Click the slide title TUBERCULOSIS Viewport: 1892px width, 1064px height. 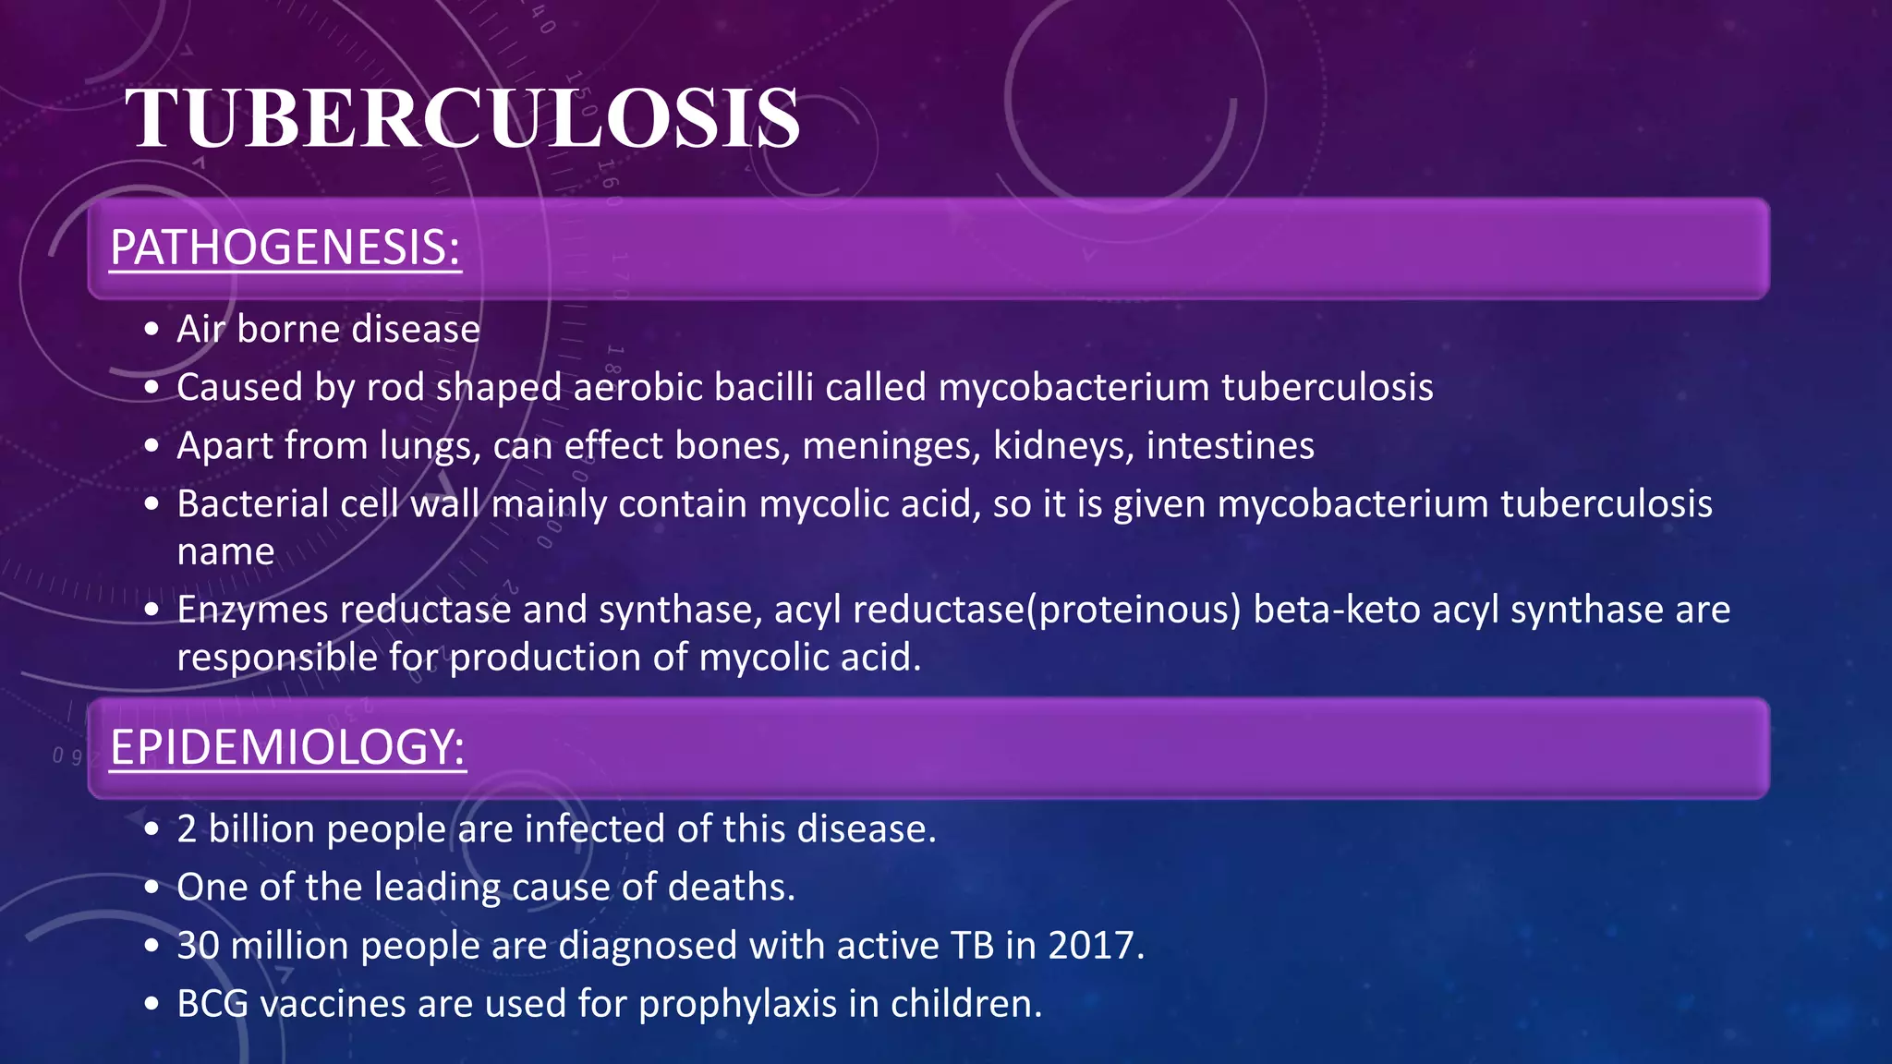pyautogui.click(x=462, y=118)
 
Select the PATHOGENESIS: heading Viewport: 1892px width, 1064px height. pyautogui.click(x=285, y=248)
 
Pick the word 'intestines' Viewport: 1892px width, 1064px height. pyautogui.click(x=1231, y=446)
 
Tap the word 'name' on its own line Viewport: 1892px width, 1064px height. pyautogui.click(x=225, y=552)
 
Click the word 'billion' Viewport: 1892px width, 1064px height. pyautogui.click(x=261, y=829)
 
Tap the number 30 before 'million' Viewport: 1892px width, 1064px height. pyautogui.click(x=198, y=946)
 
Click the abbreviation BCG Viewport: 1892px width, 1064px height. pyautogui.click(x=212, y=1004)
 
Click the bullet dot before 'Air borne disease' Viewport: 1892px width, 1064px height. pyautogui.click(x=152, y=331)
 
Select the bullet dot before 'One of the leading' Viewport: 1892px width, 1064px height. pyautogui.click(x=152, y=889)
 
